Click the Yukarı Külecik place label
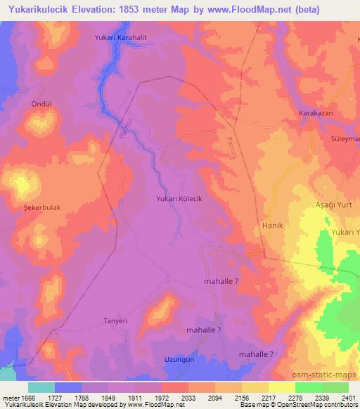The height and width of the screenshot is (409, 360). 179,200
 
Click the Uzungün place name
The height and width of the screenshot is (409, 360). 179,359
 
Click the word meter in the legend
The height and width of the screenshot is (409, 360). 10,398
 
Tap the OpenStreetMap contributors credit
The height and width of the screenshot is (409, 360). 314,405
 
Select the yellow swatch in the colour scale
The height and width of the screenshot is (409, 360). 281,387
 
